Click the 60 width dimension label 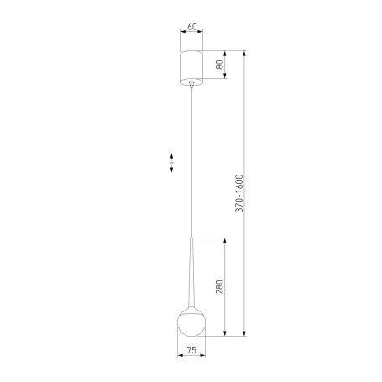192,27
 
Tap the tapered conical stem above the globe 191,269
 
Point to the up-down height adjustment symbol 172,163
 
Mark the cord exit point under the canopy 191,83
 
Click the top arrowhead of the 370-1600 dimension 245,53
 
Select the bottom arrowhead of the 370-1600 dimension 245,336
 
